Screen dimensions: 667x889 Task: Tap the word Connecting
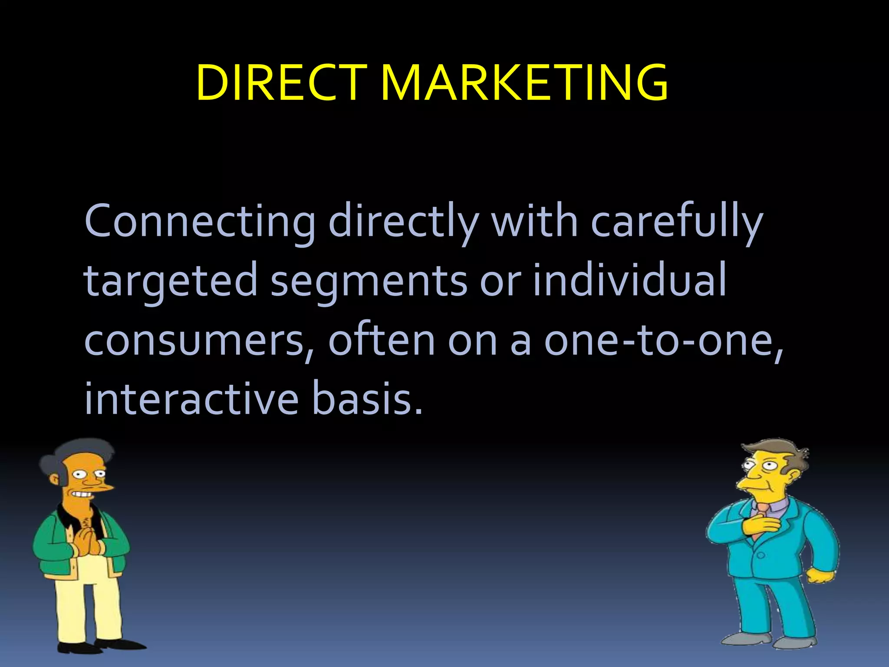tap(200, 222)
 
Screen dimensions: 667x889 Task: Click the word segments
tap(369, 282)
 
